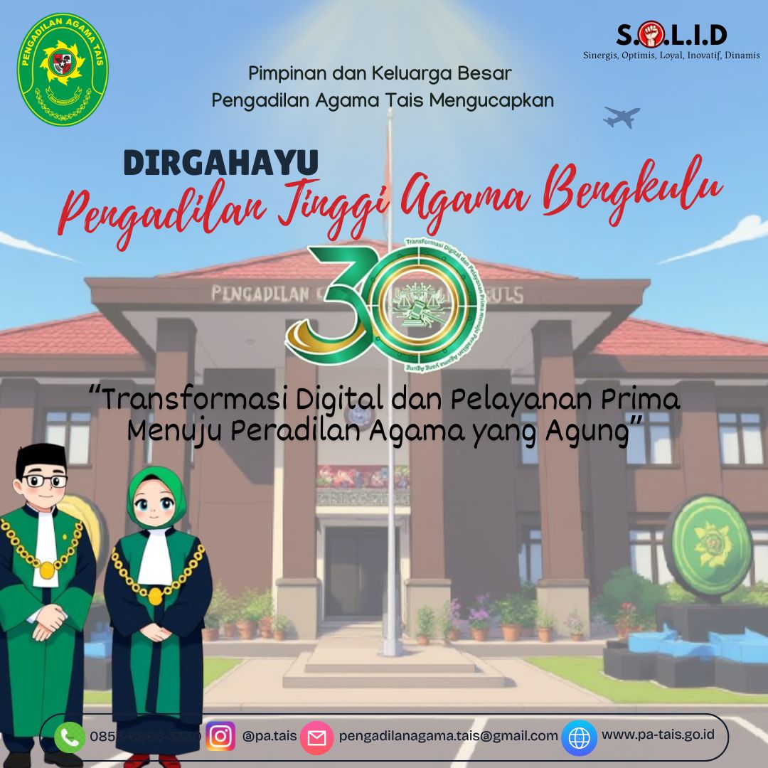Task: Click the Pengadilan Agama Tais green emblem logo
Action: tap(63, 69)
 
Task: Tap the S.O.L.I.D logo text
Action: tap(671, 35)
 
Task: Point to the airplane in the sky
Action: tap(621, 117)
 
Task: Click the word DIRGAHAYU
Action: tap(220, 163)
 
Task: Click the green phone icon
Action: tap(69, 737)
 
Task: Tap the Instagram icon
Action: tap(220, 737)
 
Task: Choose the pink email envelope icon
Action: tap(316, 737)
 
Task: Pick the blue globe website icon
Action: tap(579, 737)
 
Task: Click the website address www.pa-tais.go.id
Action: tap(658, 734)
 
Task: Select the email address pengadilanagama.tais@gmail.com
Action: tap(448, 736)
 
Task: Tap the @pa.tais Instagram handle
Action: tap(270, 736)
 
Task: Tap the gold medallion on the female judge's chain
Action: tap(155, 596)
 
